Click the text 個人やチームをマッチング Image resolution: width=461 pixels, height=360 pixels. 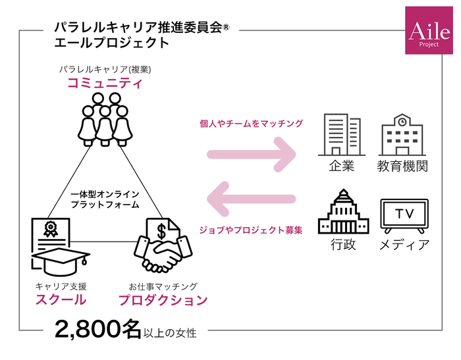[x=251, y=123]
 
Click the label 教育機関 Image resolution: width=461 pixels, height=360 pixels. [x=402, y=166]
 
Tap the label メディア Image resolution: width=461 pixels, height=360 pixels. [x=404, y=245]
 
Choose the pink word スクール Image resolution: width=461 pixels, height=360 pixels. [x=61, y=300]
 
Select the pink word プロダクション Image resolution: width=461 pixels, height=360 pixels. [x=163, y=300]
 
